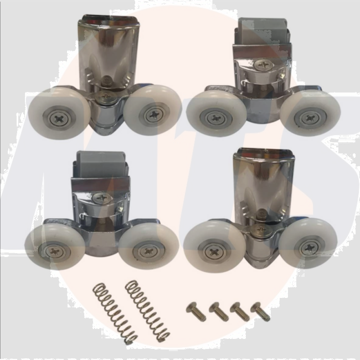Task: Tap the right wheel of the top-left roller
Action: tap(152, 112)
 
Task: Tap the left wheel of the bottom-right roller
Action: tap(215, 246)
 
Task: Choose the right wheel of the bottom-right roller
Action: tap(308, 244)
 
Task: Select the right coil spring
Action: tap(147, 310)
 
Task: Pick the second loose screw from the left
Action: tap(219, 311)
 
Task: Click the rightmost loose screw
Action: tap(260, 311)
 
